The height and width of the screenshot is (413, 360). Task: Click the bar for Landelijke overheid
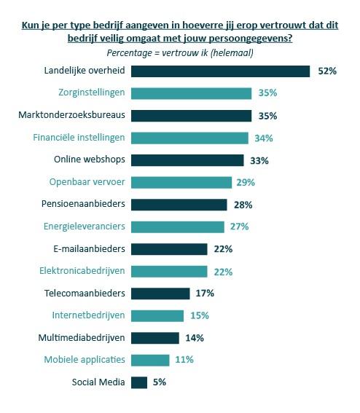[221, 71]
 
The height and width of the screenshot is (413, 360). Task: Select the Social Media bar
[140, 382]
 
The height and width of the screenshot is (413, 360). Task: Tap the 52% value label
[326, 71]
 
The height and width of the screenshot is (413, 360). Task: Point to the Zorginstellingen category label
[92, 93]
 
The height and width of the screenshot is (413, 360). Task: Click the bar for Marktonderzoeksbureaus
[192, 115]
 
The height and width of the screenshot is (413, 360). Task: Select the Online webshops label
[90, 160]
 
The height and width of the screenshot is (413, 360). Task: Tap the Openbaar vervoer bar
[182, 182]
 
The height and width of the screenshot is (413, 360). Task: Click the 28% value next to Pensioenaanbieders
[242, 205]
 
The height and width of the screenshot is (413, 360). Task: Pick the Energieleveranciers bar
[178, 227]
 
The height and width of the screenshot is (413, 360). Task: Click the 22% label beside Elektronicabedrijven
[223, 271]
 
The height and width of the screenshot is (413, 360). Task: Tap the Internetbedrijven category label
[89, 315]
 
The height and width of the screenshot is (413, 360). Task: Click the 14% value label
[193, 338]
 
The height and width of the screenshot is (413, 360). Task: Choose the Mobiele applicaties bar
[151, 360]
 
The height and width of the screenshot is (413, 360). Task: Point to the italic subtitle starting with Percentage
[180, 52]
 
